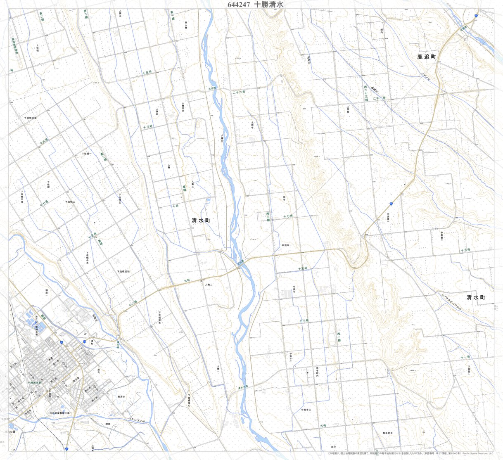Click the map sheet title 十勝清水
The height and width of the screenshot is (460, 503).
[x=269, y=5]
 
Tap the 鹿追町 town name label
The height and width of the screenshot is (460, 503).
[x=426, y=57]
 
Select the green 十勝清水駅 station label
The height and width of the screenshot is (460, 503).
[x=34, y=383]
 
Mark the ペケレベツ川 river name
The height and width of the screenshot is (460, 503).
[x=136, y=420]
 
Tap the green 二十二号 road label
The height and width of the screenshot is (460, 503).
[x=239, y=92]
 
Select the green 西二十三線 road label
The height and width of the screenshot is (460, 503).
[x=365, y=93]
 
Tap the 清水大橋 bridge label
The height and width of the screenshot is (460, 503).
[x=243, y=387]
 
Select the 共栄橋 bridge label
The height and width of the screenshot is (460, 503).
[x=212, y=88]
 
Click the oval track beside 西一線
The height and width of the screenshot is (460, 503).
[x=331, y=340]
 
